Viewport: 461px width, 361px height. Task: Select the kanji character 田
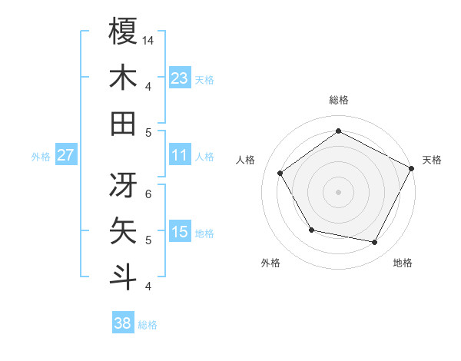123,123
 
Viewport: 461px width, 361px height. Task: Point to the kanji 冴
123,184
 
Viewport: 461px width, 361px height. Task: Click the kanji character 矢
123,231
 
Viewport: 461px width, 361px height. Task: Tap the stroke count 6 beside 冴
148,194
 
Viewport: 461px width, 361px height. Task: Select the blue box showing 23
180,78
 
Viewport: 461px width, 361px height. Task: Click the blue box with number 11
180,155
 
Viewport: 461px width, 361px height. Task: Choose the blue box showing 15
180,232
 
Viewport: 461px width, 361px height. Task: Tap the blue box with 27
65,155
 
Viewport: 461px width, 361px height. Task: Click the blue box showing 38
123,323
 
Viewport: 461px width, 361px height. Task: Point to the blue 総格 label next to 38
148,324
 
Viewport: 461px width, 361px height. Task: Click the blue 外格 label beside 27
41,156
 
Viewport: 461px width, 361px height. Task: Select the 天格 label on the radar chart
432,160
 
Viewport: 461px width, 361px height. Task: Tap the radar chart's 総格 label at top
338,100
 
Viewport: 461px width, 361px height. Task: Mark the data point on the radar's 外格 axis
311,230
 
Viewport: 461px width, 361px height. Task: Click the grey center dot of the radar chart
338,191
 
